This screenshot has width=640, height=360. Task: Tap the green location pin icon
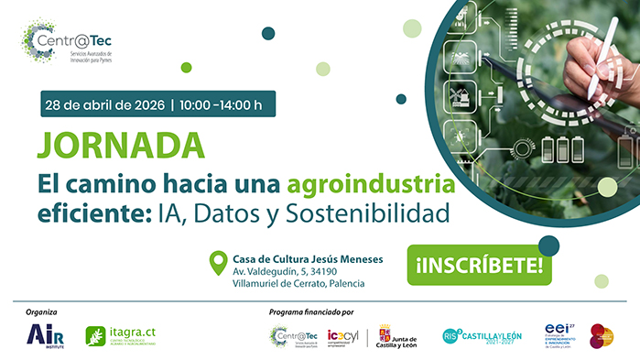(218, 265)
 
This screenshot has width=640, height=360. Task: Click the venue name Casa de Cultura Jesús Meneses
(308, 258)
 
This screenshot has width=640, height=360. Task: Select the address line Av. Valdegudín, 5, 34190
(285, 271)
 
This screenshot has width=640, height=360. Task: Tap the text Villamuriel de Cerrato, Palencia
(298, 284)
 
